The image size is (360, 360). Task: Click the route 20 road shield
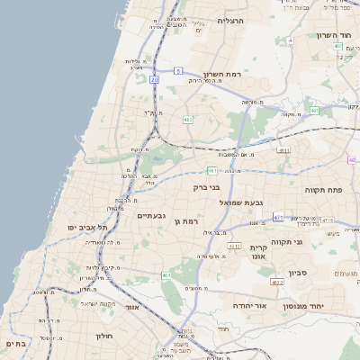click(x=154, y=80)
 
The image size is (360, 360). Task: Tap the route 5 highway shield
click(x=178, y=70)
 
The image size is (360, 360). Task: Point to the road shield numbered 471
click(x=278, y=217)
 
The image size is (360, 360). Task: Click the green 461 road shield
click(x=166, y=275)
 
